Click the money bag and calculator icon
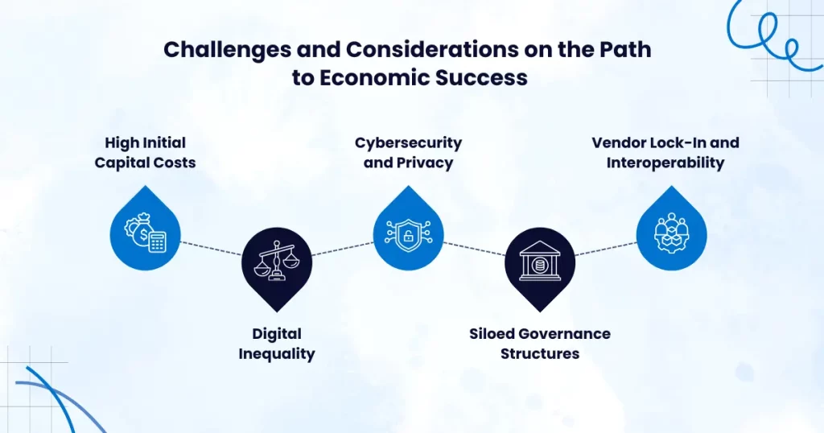tap(145, 233)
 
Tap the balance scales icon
tap(277, 260)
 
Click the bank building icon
tap(540, 261)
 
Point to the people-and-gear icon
tap(671, 233)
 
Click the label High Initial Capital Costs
tap(145, 153)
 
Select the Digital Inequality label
tap(277, 344)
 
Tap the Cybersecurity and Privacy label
tap(408, 153)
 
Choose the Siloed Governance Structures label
tap(540, 344)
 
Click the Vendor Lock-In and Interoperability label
tap(665, 153)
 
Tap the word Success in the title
tap(481, 78)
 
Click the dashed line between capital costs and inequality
tap(211, 249)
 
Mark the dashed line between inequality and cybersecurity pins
tap(342, 249)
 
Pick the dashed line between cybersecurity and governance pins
tap(474, 249)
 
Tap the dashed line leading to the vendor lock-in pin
tap(605, 249)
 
